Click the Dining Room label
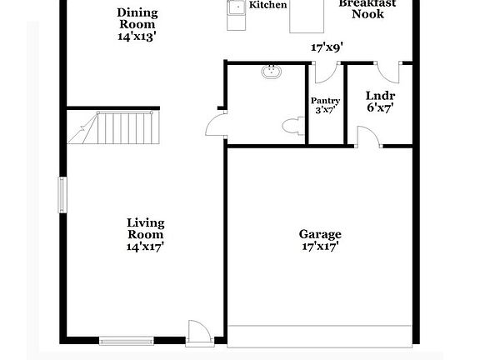click(x=137, y=18)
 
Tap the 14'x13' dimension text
click(x=137, y=37)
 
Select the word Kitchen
click(x=268, y=5)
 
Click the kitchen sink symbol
click(x=236, y=8)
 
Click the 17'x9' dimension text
click(x=327, y=47)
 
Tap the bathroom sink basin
click(x=271, y=72)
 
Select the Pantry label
click(x=325, y=101)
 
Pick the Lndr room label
click(x=380, y=96)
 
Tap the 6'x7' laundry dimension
click(x=380, y=108)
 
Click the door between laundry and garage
click(x=367, y=136)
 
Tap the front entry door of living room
click(x=198, y=332)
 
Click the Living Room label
click(x=145, y=228)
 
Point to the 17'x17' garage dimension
click(x=320, y=246)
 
